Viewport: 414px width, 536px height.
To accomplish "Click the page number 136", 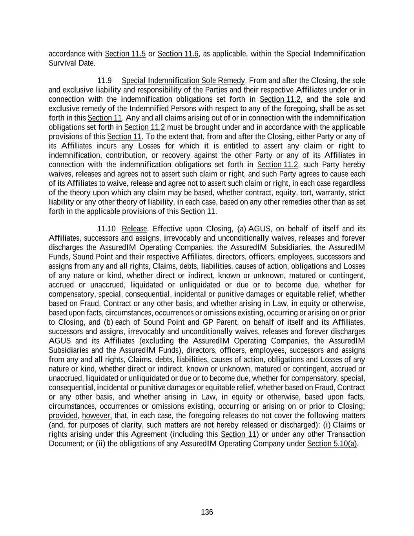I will pyautogui.click(x=207, y=512).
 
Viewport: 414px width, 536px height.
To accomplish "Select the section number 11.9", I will pyautogui.click(x=104, y=80).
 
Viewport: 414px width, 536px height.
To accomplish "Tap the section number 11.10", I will pyautogui.click(x=106, y=229).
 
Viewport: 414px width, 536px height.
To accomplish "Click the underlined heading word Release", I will pyautogui.click(x=134, y=229).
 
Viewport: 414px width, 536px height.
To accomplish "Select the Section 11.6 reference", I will pyautogui.click(x=178, y=54).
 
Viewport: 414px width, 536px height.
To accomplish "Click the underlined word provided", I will pyautogui.click(x=63, y=415).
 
